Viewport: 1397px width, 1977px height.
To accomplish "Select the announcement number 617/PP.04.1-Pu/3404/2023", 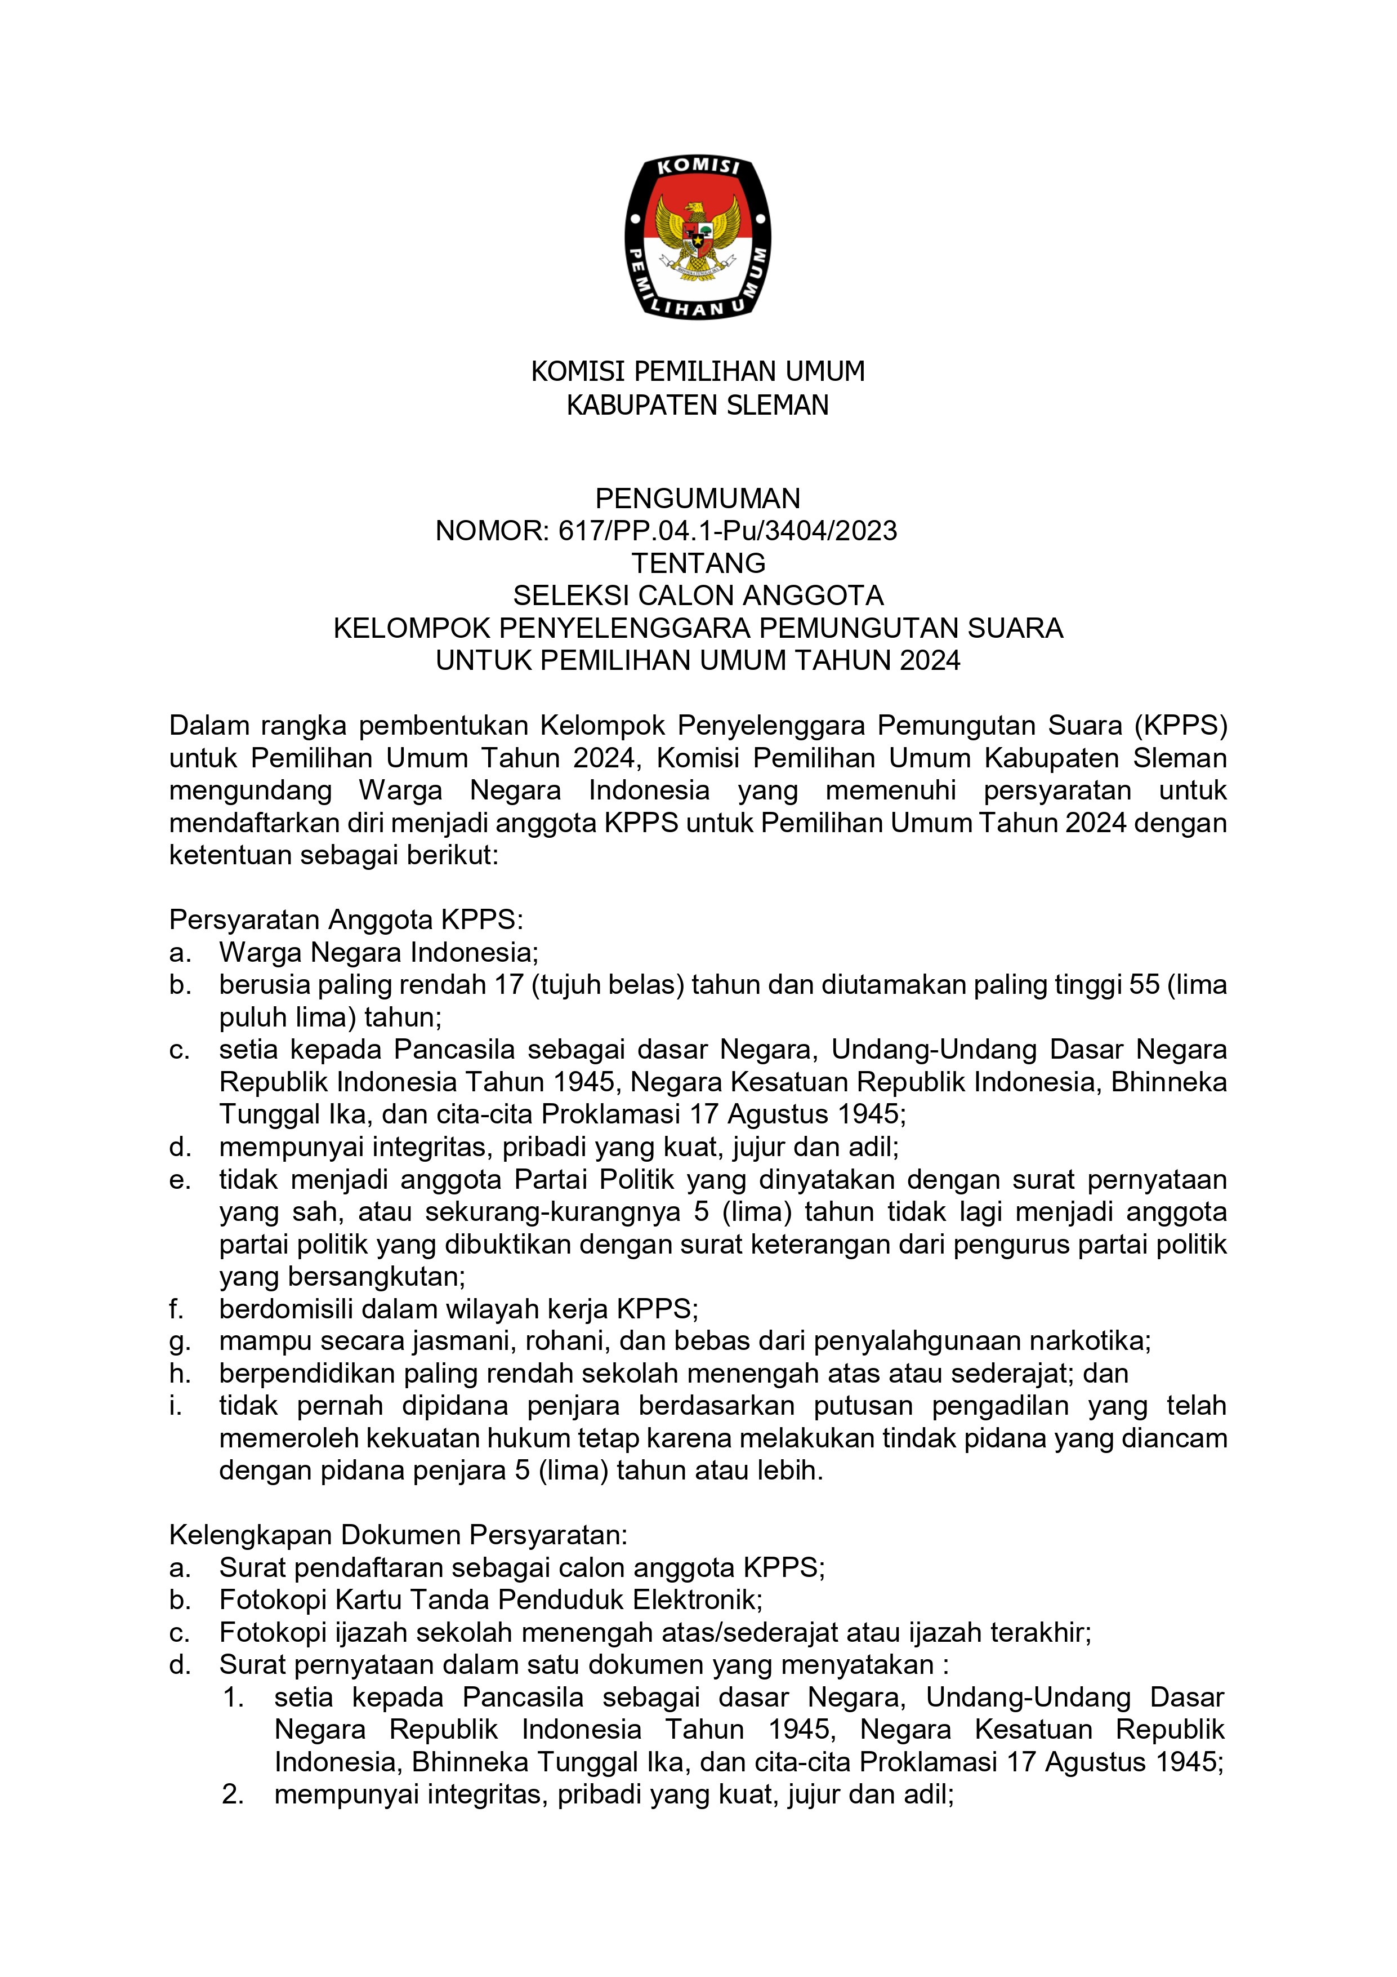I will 727,530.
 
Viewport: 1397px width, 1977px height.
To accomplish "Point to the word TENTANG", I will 698,563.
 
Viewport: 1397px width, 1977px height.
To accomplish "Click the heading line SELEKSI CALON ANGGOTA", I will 698,595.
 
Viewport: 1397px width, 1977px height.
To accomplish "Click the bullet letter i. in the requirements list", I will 176,1405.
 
